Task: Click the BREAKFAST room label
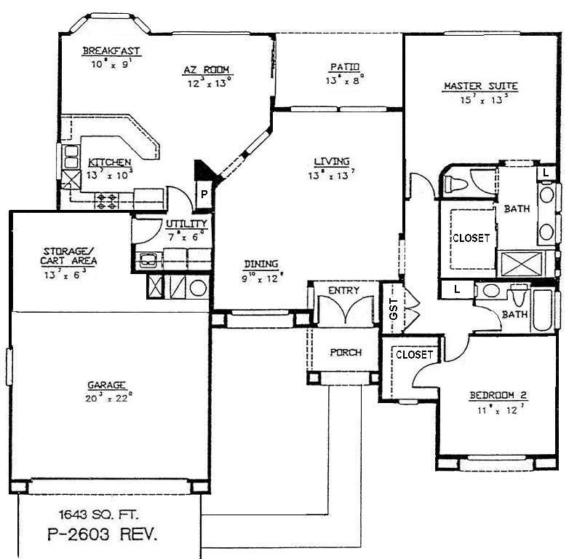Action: click(111, 51)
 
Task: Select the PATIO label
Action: click(344, 68)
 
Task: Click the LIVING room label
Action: click(332, 161)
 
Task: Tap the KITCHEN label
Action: click(110, 162)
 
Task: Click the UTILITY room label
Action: click(186, 224)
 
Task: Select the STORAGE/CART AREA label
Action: click(70, 256)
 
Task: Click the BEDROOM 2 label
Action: click(498, 396)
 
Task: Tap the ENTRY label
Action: click(343, 290)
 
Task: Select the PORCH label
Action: click(346, 352)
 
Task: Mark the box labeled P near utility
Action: click(204, 195)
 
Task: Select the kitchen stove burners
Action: click(107, 200)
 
